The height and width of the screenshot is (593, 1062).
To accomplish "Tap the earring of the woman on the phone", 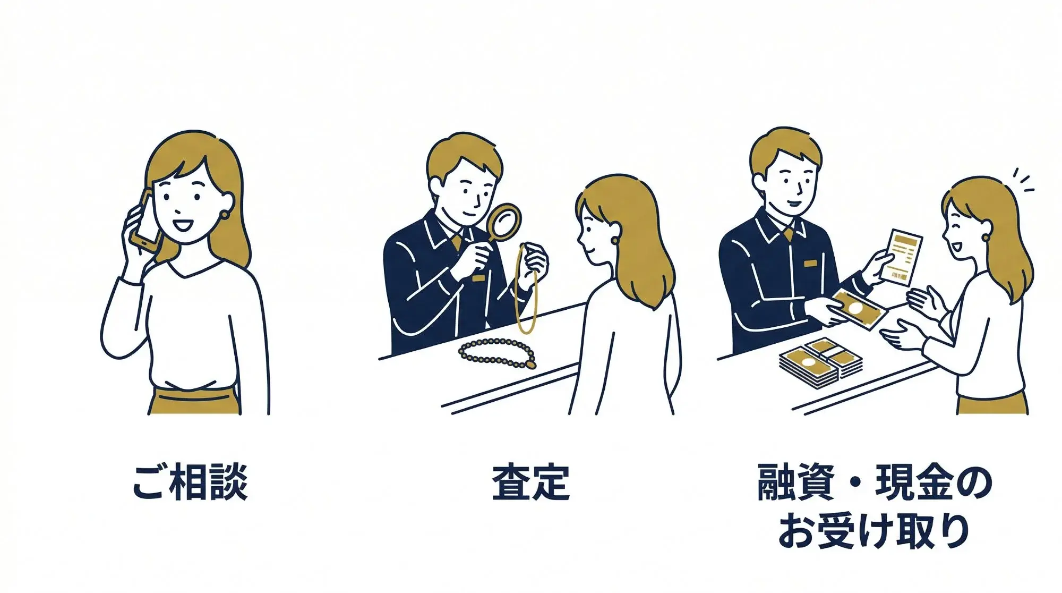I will (x=224, y=215).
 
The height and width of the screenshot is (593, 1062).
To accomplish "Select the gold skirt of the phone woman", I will (x=194, y=402).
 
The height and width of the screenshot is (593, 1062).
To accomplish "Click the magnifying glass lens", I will (x=505, y=221).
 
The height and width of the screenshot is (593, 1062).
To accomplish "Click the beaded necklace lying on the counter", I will (x=497, y=353).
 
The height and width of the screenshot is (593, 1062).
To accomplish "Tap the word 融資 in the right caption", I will (x=794, y=482).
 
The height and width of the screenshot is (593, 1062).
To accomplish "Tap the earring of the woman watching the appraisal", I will (x=615, y=240).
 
